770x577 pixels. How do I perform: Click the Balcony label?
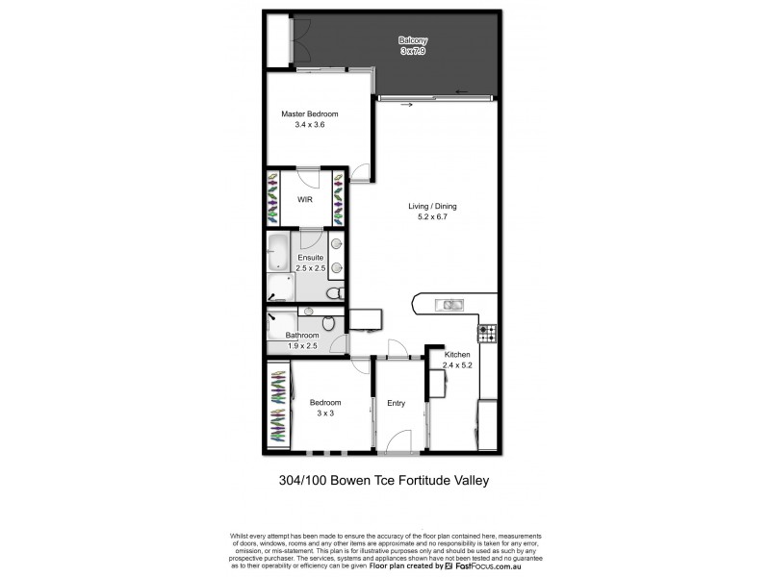pos(413,40)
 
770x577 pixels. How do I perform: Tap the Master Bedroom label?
pos(309,113)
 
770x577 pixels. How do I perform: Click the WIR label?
pos(304,200)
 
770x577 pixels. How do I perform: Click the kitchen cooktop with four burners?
pos(488,334)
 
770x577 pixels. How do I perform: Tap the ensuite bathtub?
pos(278,251)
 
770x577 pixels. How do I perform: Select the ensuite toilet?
pos(333,293)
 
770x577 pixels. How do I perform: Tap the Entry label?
pos(397,404)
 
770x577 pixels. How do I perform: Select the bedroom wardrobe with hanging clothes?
pos(276,405)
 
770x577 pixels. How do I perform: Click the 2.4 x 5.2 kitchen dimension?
pos(458,364)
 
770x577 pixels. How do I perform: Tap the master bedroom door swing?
pos(359,173)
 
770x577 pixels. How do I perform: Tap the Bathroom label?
pos(302,336)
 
